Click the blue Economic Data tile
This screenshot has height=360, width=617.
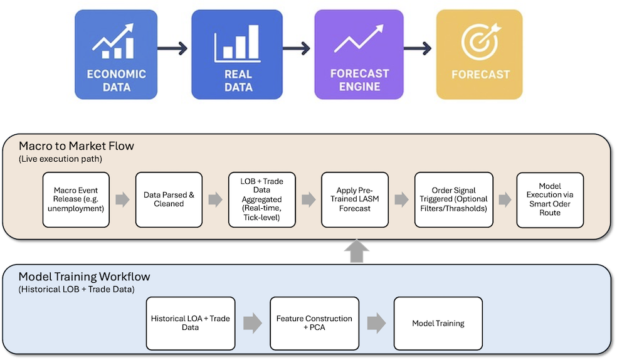point(116,55)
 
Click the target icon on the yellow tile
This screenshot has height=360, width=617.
point(479,41)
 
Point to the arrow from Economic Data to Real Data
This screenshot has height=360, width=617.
point(174,48)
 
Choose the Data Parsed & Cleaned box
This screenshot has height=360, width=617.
point(169,199)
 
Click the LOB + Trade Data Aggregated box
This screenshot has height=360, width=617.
point(261,199)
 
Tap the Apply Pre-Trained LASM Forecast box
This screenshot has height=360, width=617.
point(354,199)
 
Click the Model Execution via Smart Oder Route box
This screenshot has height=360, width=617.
point(549,199)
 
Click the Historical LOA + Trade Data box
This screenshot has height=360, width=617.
point(191,323)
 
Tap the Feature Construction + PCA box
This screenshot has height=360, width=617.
point(314,323)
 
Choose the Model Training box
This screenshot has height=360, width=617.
point(438,323)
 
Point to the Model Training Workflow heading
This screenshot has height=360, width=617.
point(84,277)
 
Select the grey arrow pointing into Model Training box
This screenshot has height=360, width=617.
point(376,323)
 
